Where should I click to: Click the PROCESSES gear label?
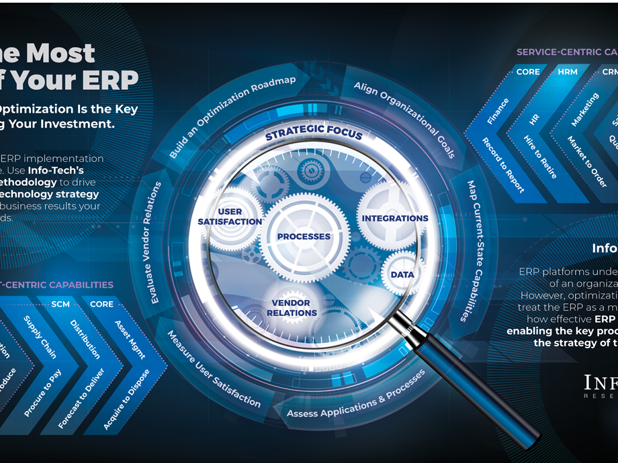(x=304, y=236)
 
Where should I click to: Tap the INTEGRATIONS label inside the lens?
(x=395, y=218)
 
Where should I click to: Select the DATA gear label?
(x=402, y=274)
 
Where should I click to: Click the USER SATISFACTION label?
(x=230, y=217)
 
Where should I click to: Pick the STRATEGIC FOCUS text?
(x=314, y=133)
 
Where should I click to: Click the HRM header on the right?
(x=568, y=72)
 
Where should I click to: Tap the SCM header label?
(x=60, y=304)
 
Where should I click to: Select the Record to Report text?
(x=503, y=165)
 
